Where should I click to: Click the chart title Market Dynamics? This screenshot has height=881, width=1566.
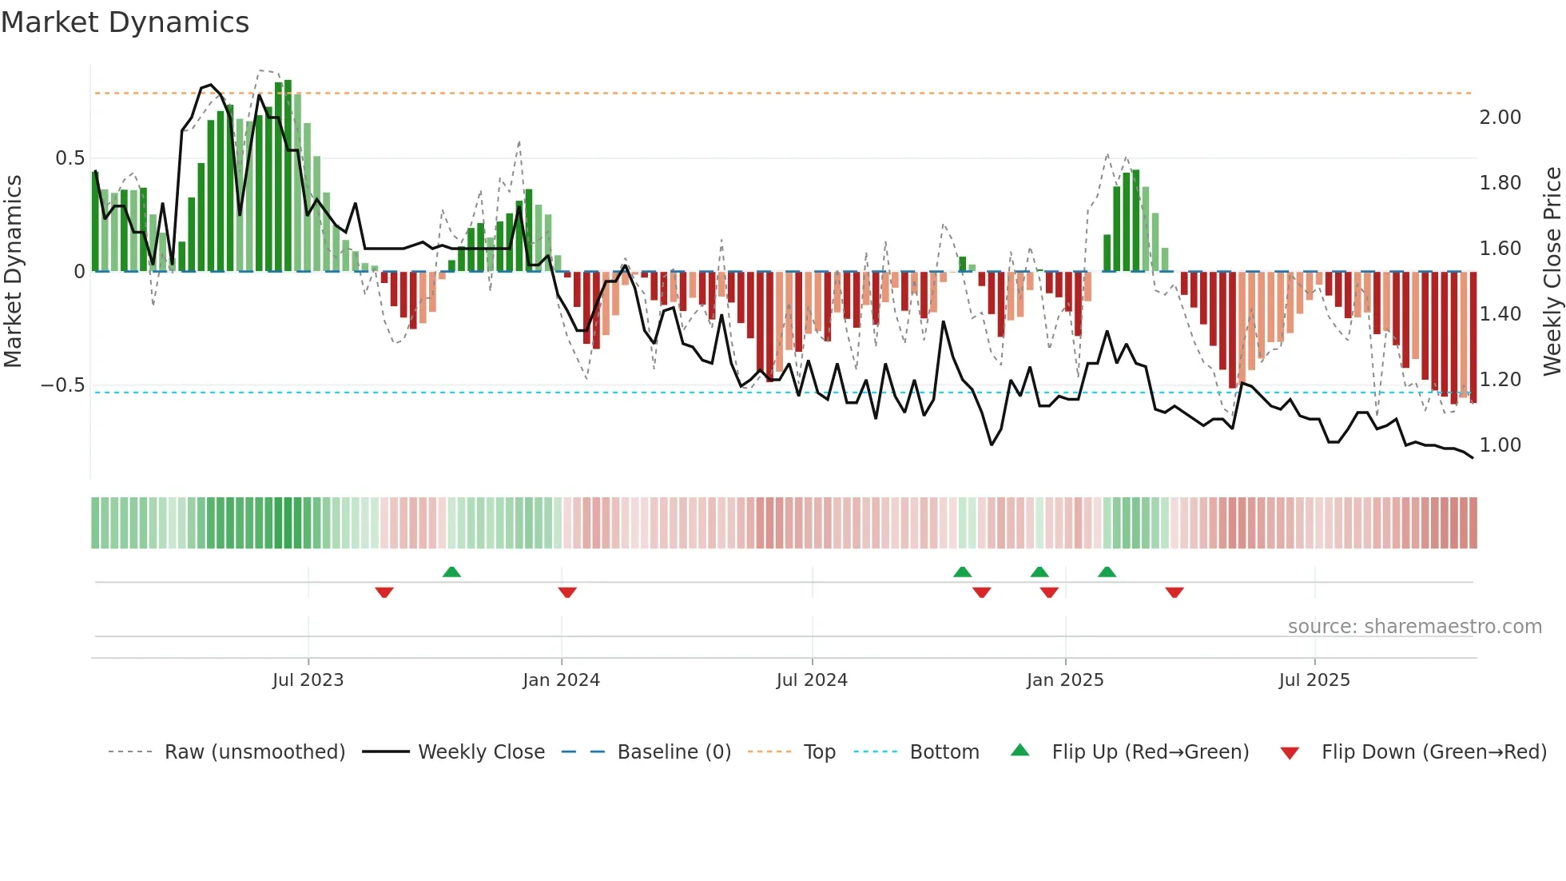125,22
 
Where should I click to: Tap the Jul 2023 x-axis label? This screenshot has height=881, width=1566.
308,680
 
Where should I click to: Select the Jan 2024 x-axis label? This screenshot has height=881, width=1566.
561,680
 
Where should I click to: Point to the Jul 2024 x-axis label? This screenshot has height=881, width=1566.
812,680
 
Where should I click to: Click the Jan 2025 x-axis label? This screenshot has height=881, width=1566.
1065,680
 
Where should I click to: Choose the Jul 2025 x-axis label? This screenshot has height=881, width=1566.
1314,680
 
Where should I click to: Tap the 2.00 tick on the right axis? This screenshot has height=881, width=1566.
1500,118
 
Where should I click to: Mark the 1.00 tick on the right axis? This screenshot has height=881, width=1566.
1500,445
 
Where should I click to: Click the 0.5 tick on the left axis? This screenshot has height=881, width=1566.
70,158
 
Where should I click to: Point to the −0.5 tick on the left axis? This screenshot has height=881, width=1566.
62,385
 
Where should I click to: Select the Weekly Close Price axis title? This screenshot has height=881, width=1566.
1552,272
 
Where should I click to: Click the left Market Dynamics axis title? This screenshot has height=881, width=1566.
13,272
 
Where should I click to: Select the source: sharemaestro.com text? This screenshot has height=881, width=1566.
1414,627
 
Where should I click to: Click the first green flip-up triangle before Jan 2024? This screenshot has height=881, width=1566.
451,572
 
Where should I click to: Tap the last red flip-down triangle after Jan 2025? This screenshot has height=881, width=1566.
1174,592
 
